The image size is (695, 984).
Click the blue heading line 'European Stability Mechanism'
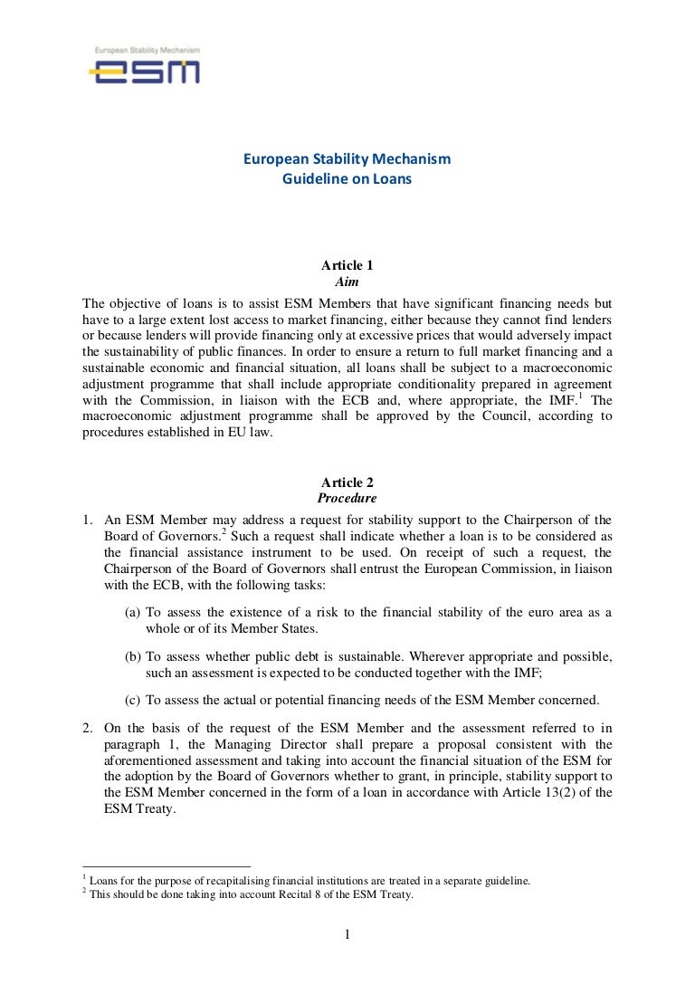347,160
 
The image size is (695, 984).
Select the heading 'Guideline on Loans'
347,179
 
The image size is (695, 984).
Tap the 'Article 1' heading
347,265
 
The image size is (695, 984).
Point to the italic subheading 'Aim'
347,282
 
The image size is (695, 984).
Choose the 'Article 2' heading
347,483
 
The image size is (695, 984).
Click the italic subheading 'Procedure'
347,499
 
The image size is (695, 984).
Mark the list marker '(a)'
133,613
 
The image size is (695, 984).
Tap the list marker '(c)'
133,699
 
